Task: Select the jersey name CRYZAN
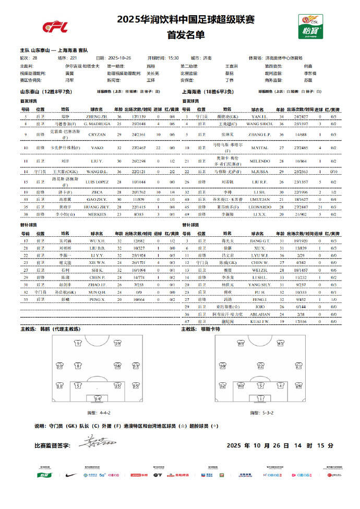(98, 134)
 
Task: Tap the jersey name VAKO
(98, 148)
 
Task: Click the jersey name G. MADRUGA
(98, 124)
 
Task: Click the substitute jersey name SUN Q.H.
(98, 293)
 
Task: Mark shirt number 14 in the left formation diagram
(97, 398)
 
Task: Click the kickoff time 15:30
(174, 58)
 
